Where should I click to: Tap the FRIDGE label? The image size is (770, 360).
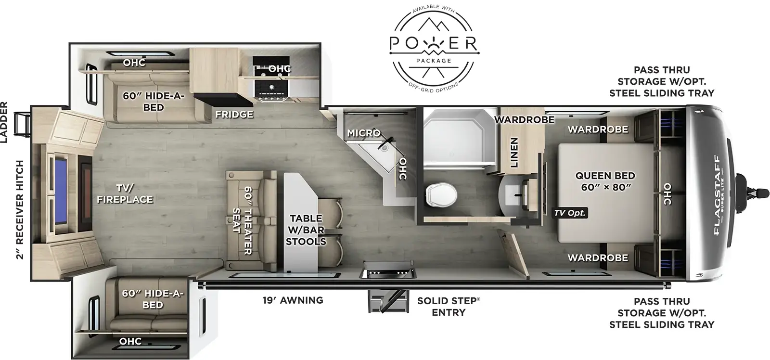pyautogui.click(x=234, y=115)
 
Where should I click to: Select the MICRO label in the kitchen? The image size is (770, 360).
pyautogui.click(x=364, y=133)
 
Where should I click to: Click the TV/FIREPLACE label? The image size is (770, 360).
pyautogui.click(x=125, y=193)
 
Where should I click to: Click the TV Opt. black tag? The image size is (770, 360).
pyautogui.click(x=570, y=213)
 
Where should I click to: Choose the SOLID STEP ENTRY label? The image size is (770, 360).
pyautogui.click(x=448, y=307)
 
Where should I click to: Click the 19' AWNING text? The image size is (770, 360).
pyautogui.click(x=293, y=300)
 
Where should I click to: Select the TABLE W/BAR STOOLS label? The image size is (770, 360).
pyautogui.click(x=306, y=230)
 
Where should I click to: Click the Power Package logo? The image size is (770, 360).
pyautogui.click(x=433, y=48)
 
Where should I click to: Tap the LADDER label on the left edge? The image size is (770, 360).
pyautogui.click(x=4, y=123)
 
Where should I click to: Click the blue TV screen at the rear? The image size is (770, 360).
pyautogui.click(x=61, y=189)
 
